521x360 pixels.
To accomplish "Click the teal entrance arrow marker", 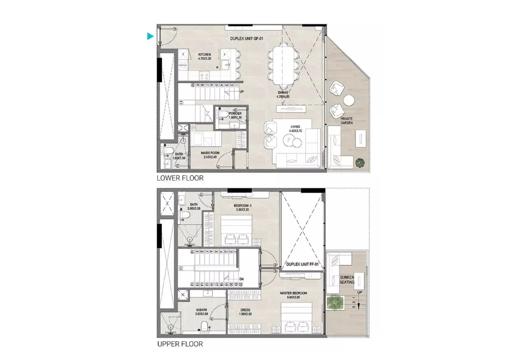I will [x=150, y=37].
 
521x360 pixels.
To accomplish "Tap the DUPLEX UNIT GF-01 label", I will [x=247, y=38].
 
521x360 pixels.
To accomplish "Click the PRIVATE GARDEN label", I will [x=346, y=121].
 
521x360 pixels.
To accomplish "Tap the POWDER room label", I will [x=235, y=115].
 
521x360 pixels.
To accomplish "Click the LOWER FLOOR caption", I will [x=180, y=178].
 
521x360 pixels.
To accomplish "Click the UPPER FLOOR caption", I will [x=180, y=344].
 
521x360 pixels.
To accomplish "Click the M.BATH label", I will [x=201, y=311].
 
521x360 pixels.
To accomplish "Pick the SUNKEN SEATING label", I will [x=347, y=280].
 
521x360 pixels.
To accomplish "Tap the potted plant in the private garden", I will [x=360, y=162].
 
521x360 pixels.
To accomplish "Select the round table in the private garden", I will [x=348, y=101].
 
